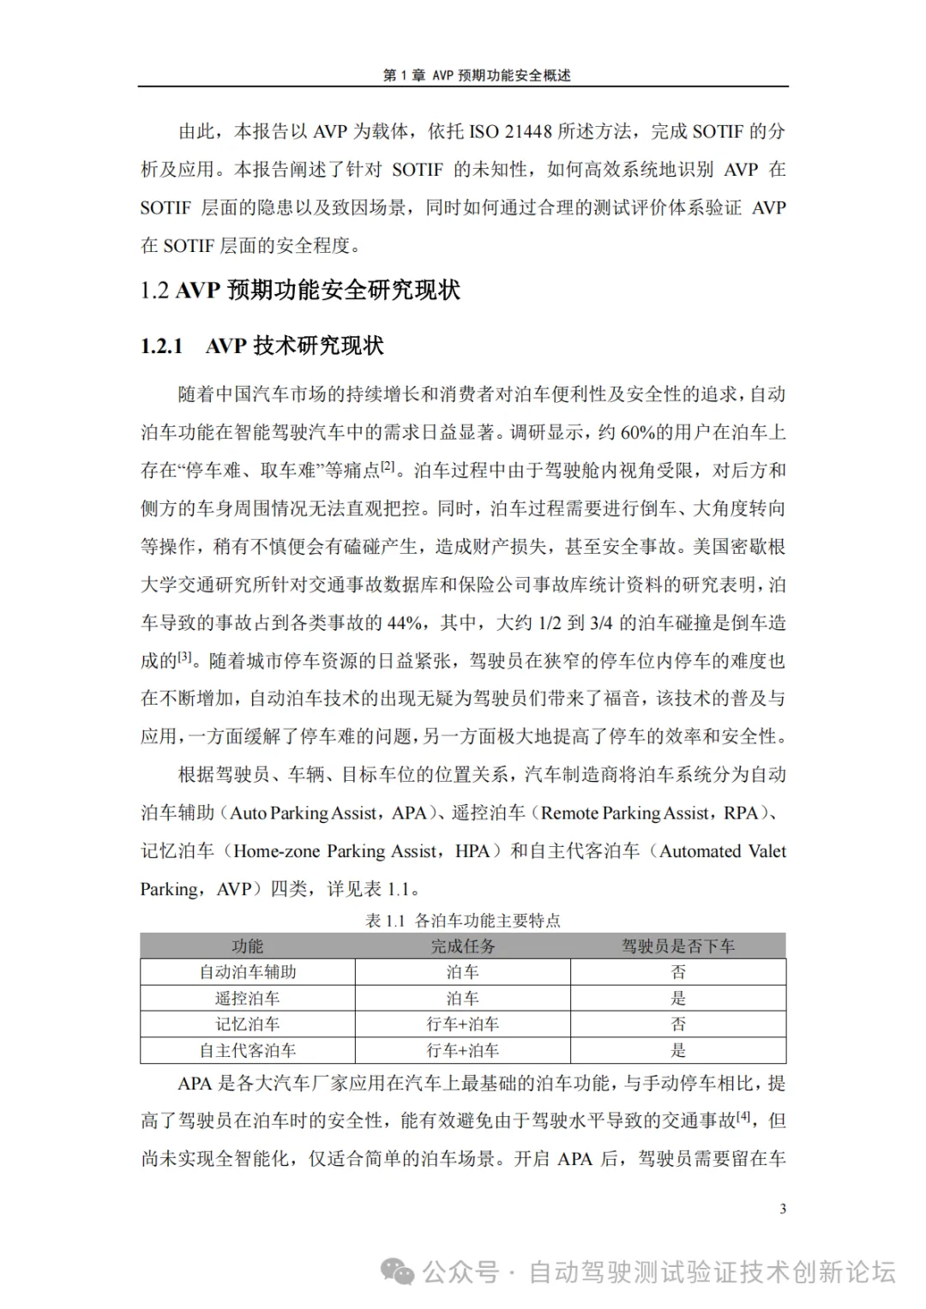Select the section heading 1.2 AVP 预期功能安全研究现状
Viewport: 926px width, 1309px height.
click(300, 291)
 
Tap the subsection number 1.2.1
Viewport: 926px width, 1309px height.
click(162, 346)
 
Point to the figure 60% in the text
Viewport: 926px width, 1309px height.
click(638, 433)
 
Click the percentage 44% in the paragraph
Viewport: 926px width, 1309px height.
click(404, 623)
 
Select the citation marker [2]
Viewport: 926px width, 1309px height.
click(388, 467)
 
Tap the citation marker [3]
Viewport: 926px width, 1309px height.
click(186, 658)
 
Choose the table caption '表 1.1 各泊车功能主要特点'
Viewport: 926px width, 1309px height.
click(463, 921)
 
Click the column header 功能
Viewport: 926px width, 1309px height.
click(248, 946)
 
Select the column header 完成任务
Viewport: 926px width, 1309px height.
click(463, 946)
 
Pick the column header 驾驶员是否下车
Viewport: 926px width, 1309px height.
click(678, 946)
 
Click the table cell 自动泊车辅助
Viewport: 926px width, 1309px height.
click(248, 972)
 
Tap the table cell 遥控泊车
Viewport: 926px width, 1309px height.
click(248, 999)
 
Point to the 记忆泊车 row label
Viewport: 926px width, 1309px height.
click(248, 1024)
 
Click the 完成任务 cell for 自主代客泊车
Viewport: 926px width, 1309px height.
click(463, 1051)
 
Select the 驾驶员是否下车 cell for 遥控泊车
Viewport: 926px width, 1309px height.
click(678, 999)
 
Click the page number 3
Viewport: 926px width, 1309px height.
click(783, 1210)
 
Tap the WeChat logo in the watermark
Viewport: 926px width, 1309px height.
click(398, 1271)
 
